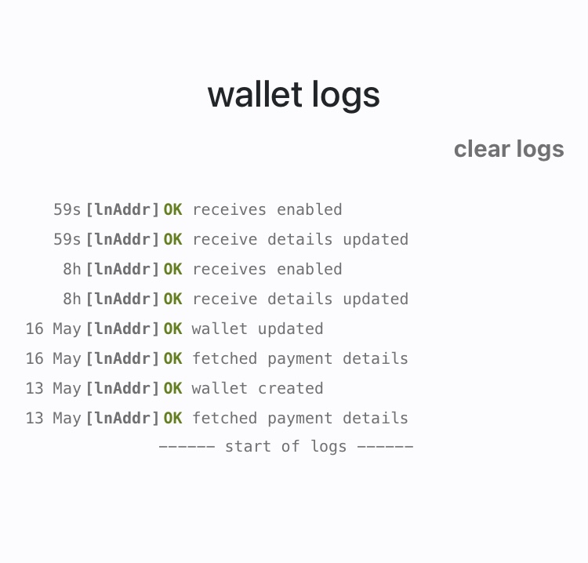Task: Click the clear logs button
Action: [x=509, y=150]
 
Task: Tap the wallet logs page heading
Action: [x=294, y=96]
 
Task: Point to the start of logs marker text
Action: [x=285, y=447]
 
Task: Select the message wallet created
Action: [x=258, y=388]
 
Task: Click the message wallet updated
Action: [x=258, y=329]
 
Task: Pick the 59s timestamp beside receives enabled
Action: [x=67, y=209]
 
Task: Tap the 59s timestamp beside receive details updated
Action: [x=67, y=239]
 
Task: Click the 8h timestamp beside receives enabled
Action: [x=72, y=269]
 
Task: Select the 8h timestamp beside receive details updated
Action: [x=72, y=299]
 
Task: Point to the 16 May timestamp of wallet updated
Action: [x=53, y=329]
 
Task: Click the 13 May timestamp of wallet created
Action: [x=53, y=388]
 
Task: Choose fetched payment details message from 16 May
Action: [x=300, y=358]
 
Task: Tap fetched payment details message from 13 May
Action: [x=300, y=418]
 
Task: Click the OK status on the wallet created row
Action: [x=173, y=389]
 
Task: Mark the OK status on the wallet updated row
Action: [x=173, y=329]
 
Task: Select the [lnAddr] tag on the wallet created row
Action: [x=122, y=389]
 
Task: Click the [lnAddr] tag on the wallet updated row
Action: [x=122, y=329]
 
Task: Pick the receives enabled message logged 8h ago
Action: [x=267, y=269]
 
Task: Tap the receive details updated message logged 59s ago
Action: [x=300, y=240]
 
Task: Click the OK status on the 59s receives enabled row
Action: [x=173, y=209]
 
